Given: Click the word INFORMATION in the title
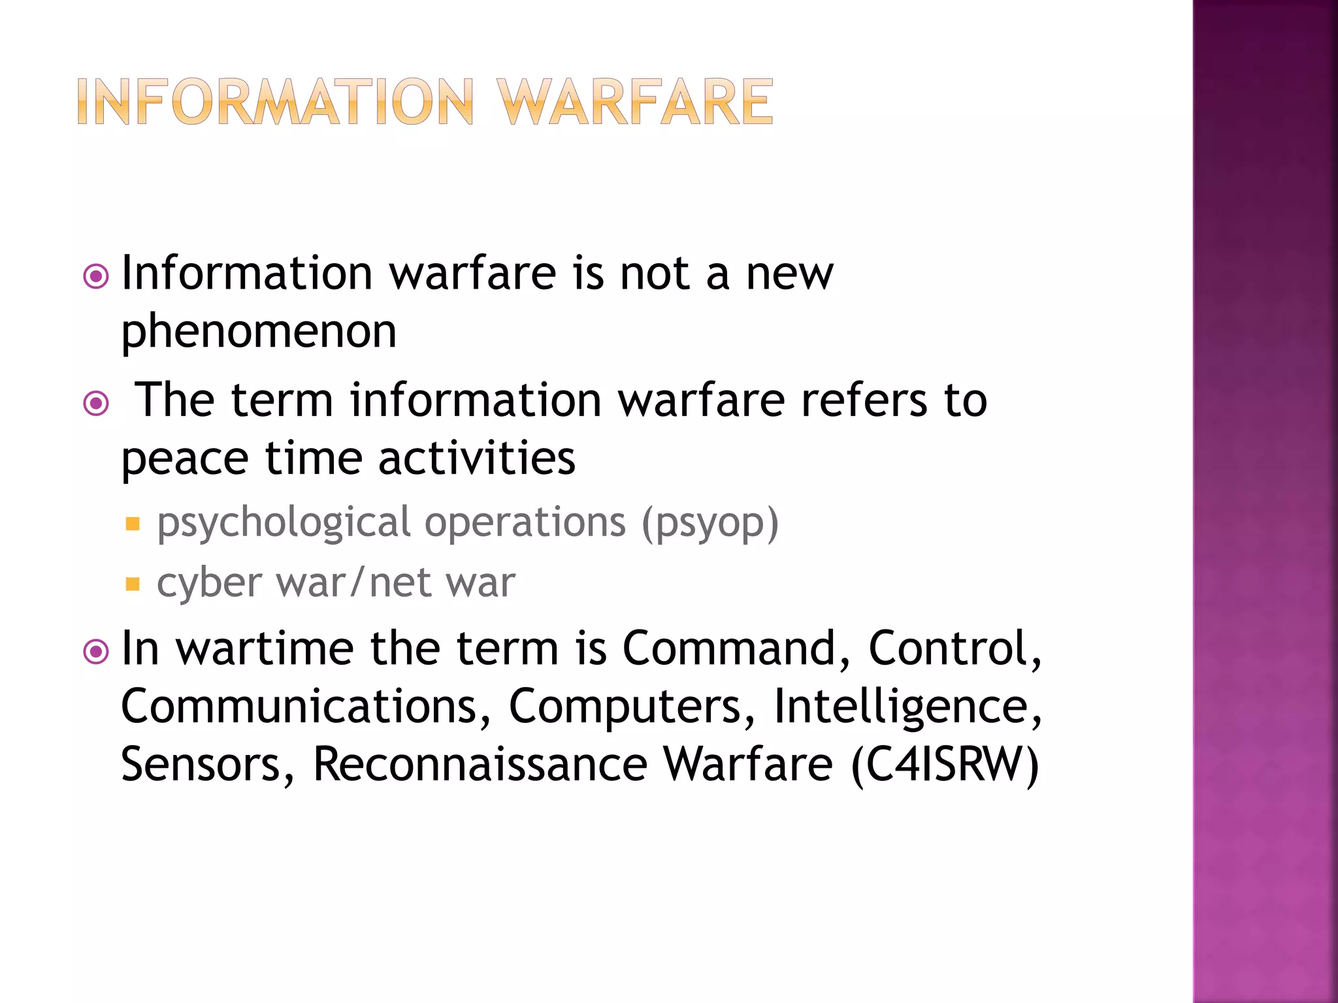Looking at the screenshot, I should pyautogui.click(x=275, y=103).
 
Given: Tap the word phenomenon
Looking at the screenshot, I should pyautogui.click(x=259, y=331).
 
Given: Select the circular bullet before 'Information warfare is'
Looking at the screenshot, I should pyautogui.click(x=96, y=276).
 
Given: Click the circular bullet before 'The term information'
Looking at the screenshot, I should pyautogui.click(x=96, y=403).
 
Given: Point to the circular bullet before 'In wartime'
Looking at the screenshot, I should pyautogui.click(x=96, y=651).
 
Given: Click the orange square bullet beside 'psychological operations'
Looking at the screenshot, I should pyautogui.click(x=133, y=524).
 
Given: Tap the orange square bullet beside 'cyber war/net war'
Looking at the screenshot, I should pyautogui.click(x=133, y=583).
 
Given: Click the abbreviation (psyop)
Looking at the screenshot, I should pyautogui.click(x=710, y=524).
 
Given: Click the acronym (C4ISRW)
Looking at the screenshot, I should pyautogui.click(x=945, y=764).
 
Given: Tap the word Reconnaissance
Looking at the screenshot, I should pyautogui.click(x=480, y=764).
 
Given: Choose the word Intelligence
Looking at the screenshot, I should pyautogui.click(x=907, y=707).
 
